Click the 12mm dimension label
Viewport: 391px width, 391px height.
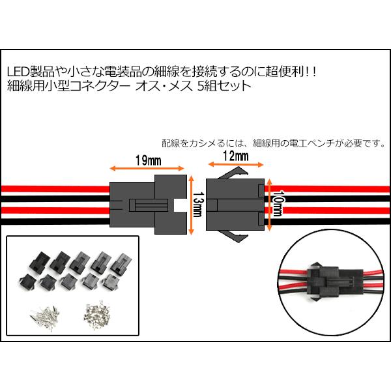tap(235, 156)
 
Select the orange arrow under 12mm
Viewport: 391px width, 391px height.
tap(233, 165)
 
